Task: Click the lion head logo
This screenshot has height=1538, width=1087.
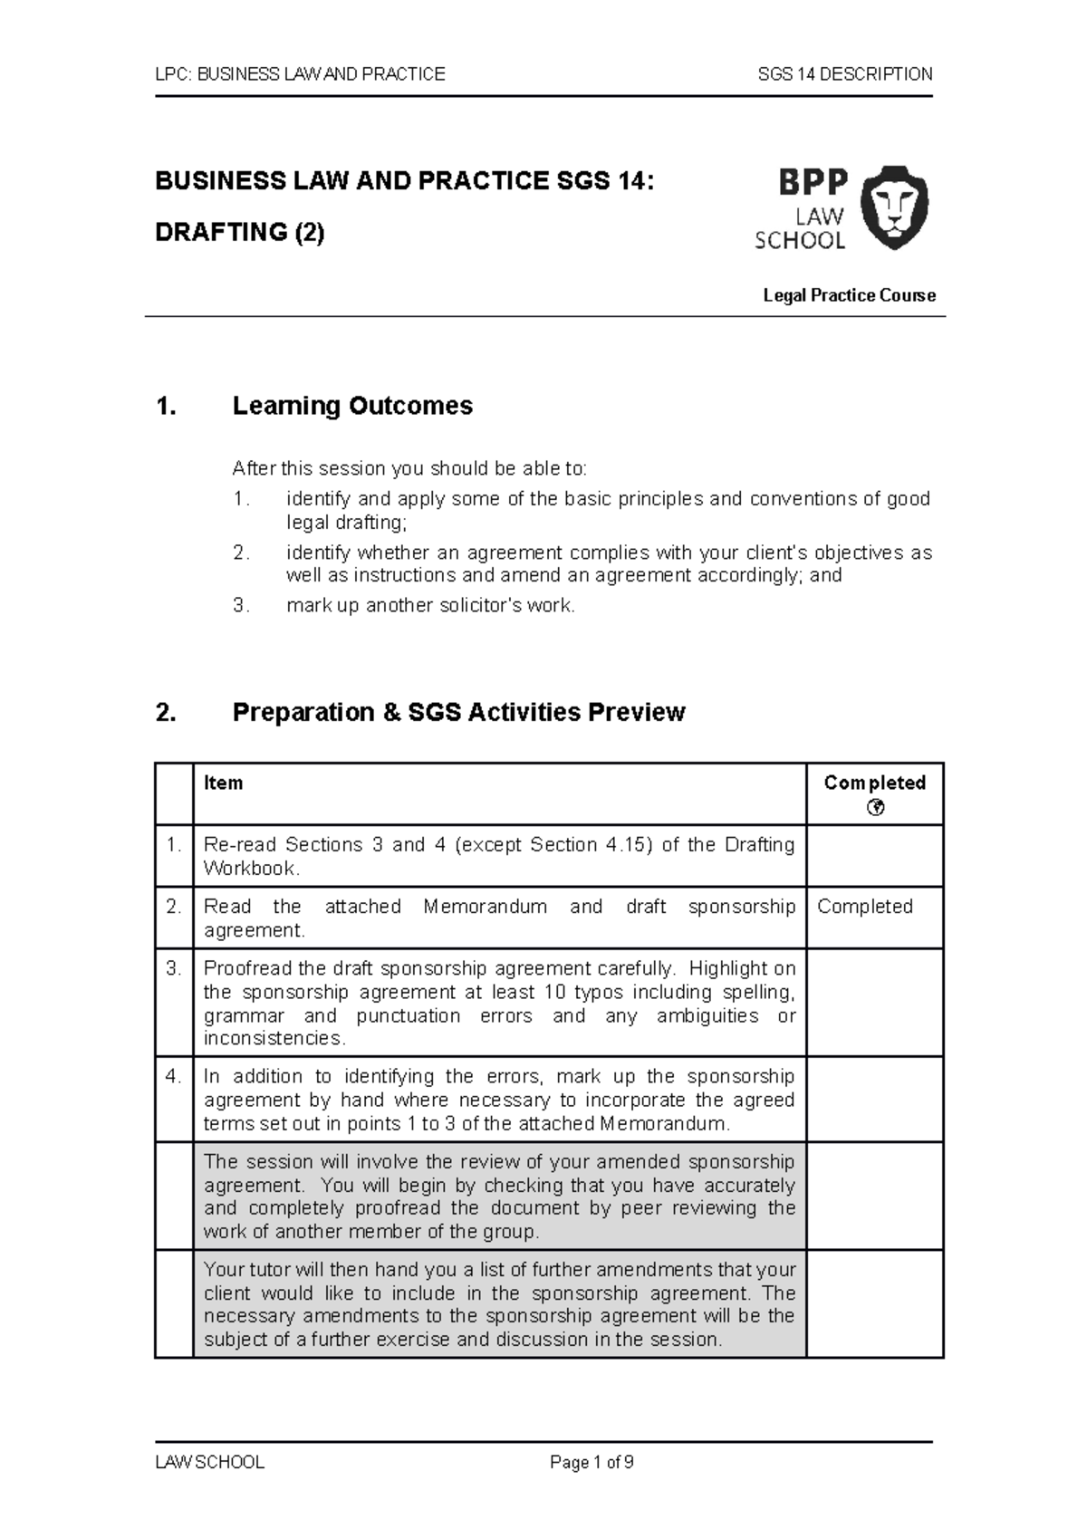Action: pos(893,207)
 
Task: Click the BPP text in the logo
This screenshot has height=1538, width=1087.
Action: pos(813,183)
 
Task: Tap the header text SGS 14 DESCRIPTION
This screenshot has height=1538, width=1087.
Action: pos(844,74)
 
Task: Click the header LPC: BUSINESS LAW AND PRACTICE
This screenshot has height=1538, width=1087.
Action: pos(300,74)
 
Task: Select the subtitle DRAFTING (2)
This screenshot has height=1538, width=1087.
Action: pos(239,233)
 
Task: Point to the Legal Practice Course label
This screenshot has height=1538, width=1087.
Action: pos(849,295)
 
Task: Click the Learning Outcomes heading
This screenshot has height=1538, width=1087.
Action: pos(352,406)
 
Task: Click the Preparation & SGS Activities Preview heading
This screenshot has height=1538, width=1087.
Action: pos(458,713)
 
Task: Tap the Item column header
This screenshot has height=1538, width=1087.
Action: pos(223,783)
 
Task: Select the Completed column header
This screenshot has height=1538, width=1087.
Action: pos(874,783)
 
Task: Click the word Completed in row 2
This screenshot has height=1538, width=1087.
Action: pos(864,907)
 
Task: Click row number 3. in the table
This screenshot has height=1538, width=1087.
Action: pos(174,968)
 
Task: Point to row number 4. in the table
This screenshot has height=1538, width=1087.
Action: pos(174,1076)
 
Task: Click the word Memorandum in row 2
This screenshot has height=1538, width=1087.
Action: pos(485,907)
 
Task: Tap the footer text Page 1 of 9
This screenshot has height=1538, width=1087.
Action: pos(592,1462)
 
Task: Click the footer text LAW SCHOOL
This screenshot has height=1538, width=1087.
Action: pos(209,1462)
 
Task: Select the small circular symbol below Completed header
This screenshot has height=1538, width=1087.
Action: pos(875,808)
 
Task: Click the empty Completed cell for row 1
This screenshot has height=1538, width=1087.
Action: pos(874,856)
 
